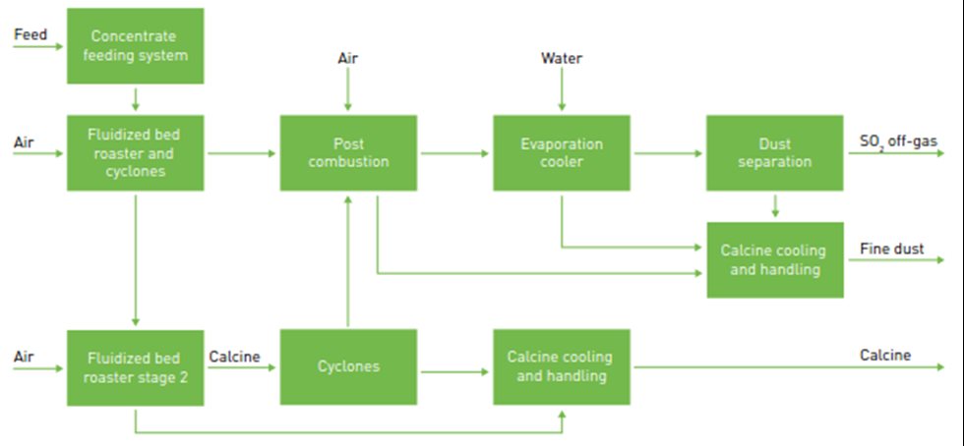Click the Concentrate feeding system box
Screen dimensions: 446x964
(x=135, y=45)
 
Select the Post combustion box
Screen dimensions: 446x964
(x=348, y=152)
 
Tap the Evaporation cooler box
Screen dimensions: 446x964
(x=562, y=152)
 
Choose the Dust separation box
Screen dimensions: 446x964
(x=774, y=152)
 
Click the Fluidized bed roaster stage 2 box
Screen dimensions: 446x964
(x=135, y=366)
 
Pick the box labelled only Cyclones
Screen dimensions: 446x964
(x=348, y=366)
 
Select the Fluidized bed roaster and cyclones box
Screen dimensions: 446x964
(x=135, y=152)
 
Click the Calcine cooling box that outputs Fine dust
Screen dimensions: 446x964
(x=774, y=259)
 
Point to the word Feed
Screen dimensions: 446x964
(x=30, y=35)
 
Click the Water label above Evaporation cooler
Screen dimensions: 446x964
(x=562, y=59)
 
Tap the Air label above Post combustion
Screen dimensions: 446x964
(x=348, y=59)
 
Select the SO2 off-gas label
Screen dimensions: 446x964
(x=898, y=142)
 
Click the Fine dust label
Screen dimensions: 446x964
(x=892, y=249)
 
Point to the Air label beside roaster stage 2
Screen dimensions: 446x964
(x=25, y=357)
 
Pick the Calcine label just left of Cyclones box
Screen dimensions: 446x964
(x=234, y=357)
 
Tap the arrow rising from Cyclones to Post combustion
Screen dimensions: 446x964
(x=348, y=260)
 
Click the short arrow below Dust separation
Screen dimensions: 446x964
(x=775, y=206)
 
